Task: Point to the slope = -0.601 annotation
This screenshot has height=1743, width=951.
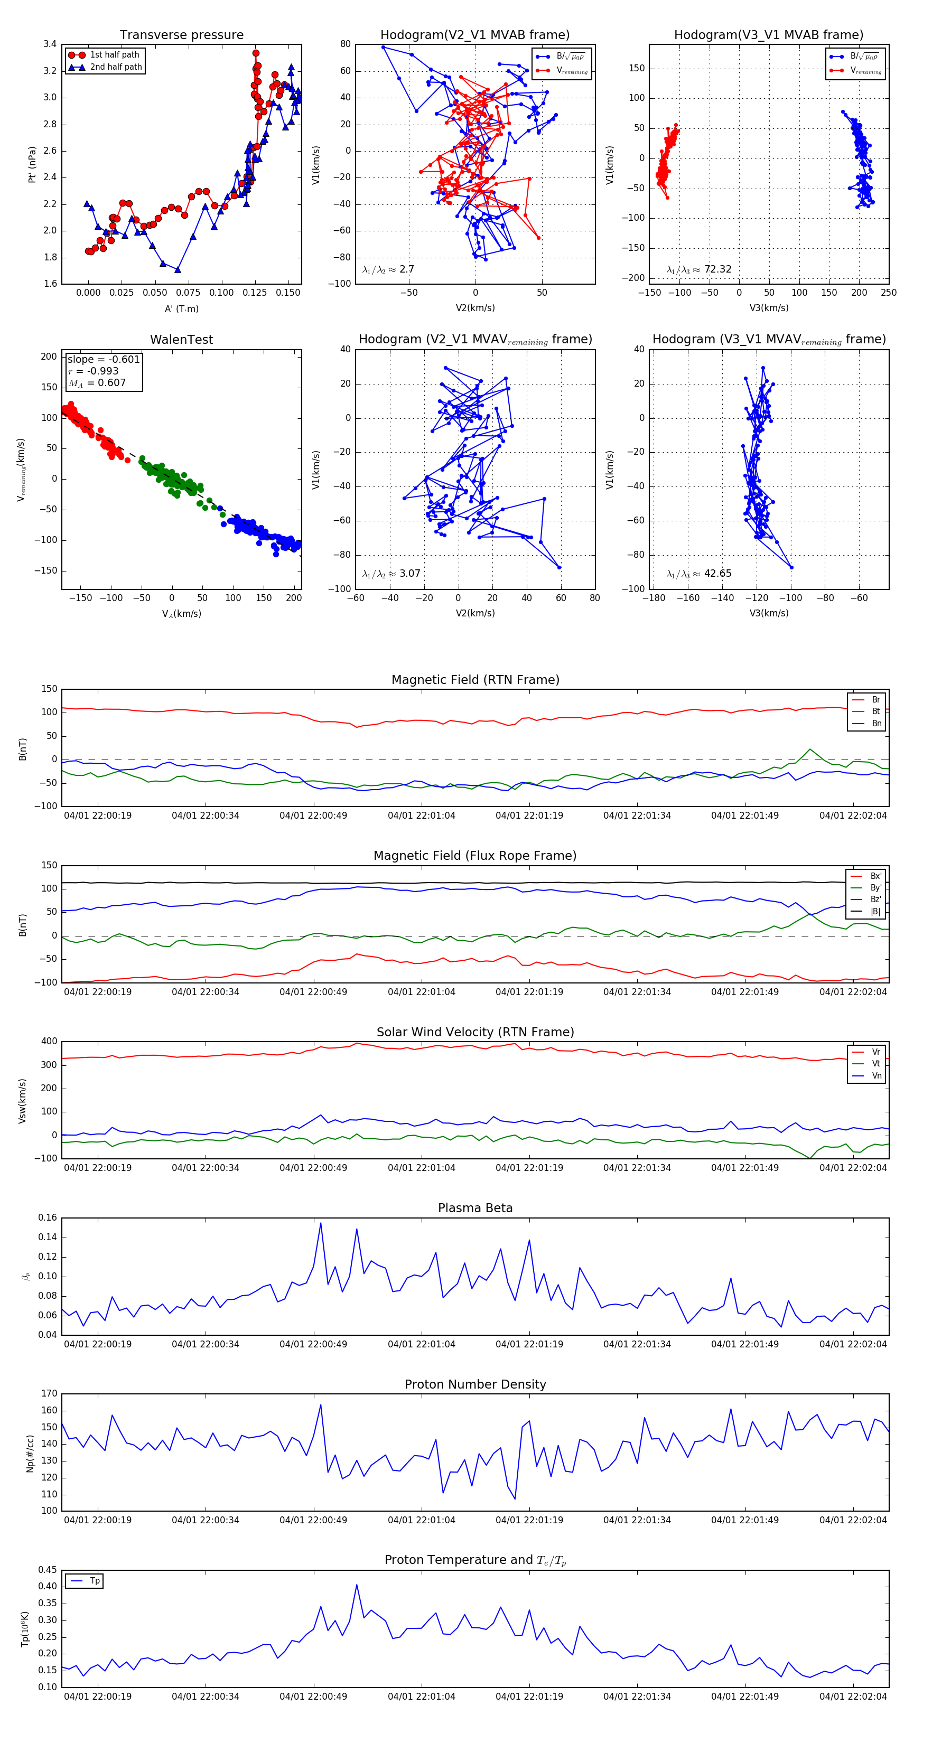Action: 104,359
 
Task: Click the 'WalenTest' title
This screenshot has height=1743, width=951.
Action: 181,340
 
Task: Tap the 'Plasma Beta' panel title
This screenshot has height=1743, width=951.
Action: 475,1208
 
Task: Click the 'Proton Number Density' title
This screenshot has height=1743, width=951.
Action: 475,1384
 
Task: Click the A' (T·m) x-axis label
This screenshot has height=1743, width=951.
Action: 181,308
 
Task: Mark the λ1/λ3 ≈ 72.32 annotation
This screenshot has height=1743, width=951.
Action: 698,269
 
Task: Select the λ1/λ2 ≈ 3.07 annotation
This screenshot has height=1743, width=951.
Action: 391,574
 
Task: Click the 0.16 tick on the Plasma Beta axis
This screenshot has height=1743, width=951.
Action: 48,1218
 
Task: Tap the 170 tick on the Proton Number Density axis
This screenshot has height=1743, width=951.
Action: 50,1394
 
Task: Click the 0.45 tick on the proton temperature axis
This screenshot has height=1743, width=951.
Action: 48,1570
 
